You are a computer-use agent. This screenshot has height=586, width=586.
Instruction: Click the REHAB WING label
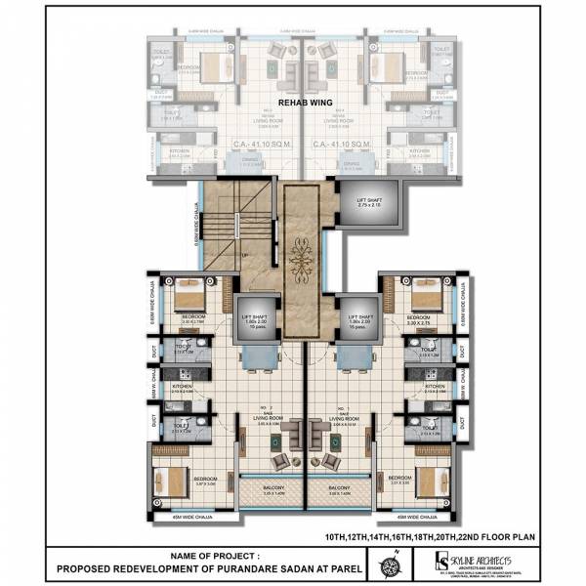point(301,101)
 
